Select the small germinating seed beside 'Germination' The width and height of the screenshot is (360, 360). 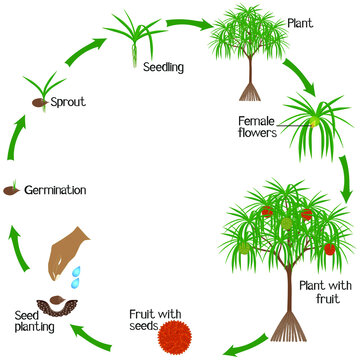pos(14,189)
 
